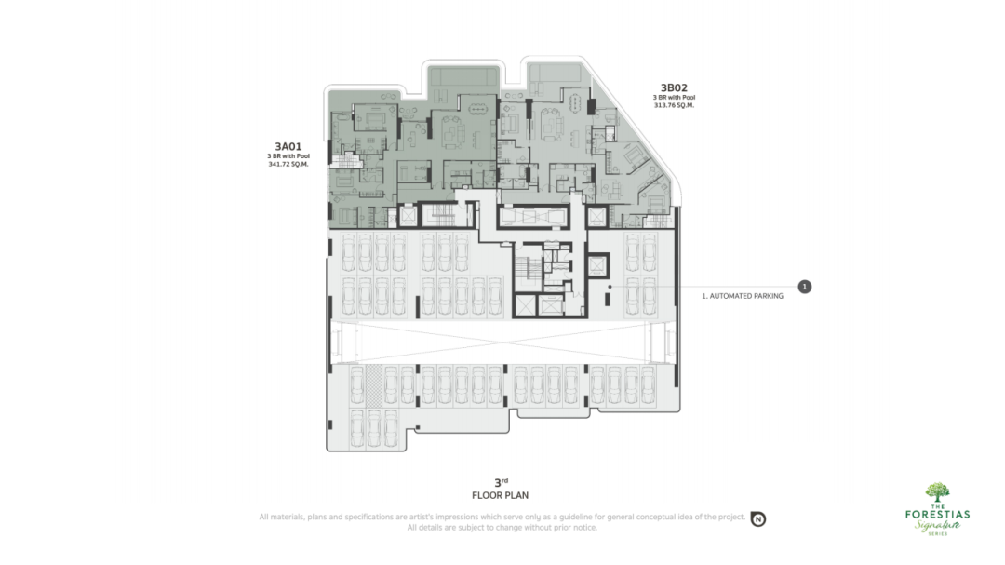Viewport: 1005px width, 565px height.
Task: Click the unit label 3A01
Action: click(x=288, y=147)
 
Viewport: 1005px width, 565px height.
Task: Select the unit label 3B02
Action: click(x=674, y=87)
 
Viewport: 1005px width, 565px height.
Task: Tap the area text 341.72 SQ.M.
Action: click(x=288, y=164)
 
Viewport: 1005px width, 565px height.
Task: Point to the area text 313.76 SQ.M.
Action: click(x=674, y=105)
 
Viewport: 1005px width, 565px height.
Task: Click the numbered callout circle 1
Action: click(x=804, y=287)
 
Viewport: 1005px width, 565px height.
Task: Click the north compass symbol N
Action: click(x=758, y=518)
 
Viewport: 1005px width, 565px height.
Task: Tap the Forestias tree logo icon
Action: click(x=937, y=492)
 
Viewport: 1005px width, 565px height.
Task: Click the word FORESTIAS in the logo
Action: click(x=937, y=515)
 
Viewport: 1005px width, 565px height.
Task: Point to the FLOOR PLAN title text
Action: click(x=500, y=495)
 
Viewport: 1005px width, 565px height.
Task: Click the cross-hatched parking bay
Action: click(x=374, y=385)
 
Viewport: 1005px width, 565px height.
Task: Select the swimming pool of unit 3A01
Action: click(x=462, y=75)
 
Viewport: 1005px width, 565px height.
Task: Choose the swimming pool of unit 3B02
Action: click(x=557, y=73)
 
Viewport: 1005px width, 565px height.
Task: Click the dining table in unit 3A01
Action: click(x=477, y=108)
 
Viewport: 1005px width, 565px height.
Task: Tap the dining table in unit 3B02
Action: click(x=575, y=102)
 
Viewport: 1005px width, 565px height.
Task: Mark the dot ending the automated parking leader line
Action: click(x=610, y=287)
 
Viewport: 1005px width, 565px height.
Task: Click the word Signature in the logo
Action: click(x=937, y=525)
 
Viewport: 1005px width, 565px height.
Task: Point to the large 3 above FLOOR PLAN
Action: click(x=497, y=483)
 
